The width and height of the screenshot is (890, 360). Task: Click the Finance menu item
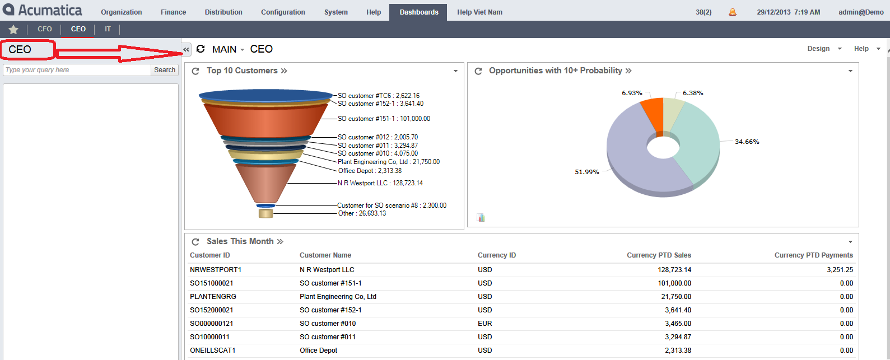(173, 12)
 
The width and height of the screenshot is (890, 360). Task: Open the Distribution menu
(223, 12)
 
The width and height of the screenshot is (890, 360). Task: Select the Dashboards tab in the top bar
(419, 12)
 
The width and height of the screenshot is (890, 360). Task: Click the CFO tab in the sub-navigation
(45, 29)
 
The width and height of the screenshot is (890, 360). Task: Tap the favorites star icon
(13, 29)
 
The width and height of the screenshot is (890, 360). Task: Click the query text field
(77, 70)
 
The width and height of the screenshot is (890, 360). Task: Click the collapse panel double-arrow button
(187, 50)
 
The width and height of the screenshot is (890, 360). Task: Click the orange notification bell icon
(732, 12)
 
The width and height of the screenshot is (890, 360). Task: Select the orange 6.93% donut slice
(653, 114)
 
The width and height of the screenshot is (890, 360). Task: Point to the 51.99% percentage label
(586, 172)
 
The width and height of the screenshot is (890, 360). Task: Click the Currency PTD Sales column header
(659, 255)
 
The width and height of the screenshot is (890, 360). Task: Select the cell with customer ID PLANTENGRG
(213, 297)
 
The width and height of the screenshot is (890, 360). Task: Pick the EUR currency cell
(485, 324)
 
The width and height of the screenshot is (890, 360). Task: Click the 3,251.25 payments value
(840, 270)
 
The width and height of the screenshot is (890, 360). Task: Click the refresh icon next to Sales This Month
(195, 242)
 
